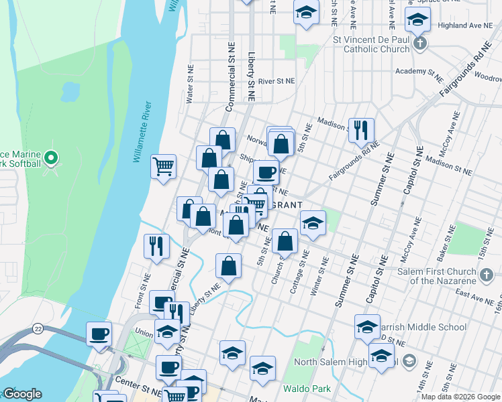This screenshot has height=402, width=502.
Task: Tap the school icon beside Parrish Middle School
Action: pyautogui.click(x=367, y=326)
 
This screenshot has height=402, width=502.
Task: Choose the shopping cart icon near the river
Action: pyautogui.click(x=164, y=165)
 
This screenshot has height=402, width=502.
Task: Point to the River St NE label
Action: pyautogui.click(x=277, y=80)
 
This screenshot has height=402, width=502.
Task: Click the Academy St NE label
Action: pyautogui.click(x=419, y=71)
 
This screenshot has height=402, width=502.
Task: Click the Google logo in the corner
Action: pyautogui.click(x=22, y=394)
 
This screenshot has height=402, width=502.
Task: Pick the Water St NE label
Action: pyautogui.click(x=190, y=84)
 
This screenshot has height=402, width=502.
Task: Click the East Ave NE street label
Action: pyautogui.click(x=474, y=295)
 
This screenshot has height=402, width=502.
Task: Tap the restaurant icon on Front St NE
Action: pyautogui.click(x=156, y=246)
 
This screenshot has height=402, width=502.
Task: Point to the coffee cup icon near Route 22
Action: pyautogui.click(x=99, y=333)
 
